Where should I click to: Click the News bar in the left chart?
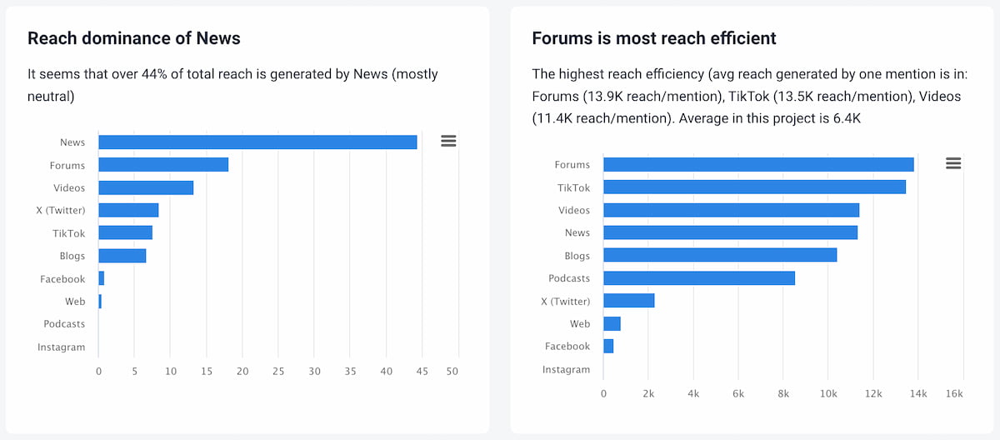tap(257, 142)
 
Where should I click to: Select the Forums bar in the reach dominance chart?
tap(163, 165)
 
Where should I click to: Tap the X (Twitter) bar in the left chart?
tap(128, 210)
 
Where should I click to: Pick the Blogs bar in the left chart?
tap(122, 256)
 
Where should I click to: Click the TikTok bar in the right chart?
tap(754, 187)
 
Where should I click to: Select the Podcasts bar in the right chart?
tap(699, 278)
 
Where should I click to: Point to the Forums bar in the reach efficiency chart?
tap(758, 165)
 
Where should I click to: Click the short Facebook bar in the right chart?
tap(608, 346)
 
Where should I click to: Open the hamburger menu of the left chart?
tap(448, 141)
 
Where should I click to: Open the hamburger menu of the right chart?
tap(953, 163)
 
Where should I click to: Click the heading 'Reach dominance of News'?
tap(134, 38)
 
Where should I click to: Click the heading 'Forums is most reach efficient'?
tap(654, 38)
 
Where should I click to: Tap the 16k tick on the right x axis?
tap(955, 393)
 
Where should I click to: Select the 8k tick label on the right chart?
tap(783, 393)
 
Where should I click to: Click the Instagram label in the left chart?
tap(61, 347)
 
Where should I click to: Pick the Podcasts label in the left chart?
tap(64, 324)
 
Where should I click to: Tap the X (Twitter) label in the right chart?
tap(565, 301)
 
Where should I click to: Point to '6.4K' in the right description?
tap(843, 118)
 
